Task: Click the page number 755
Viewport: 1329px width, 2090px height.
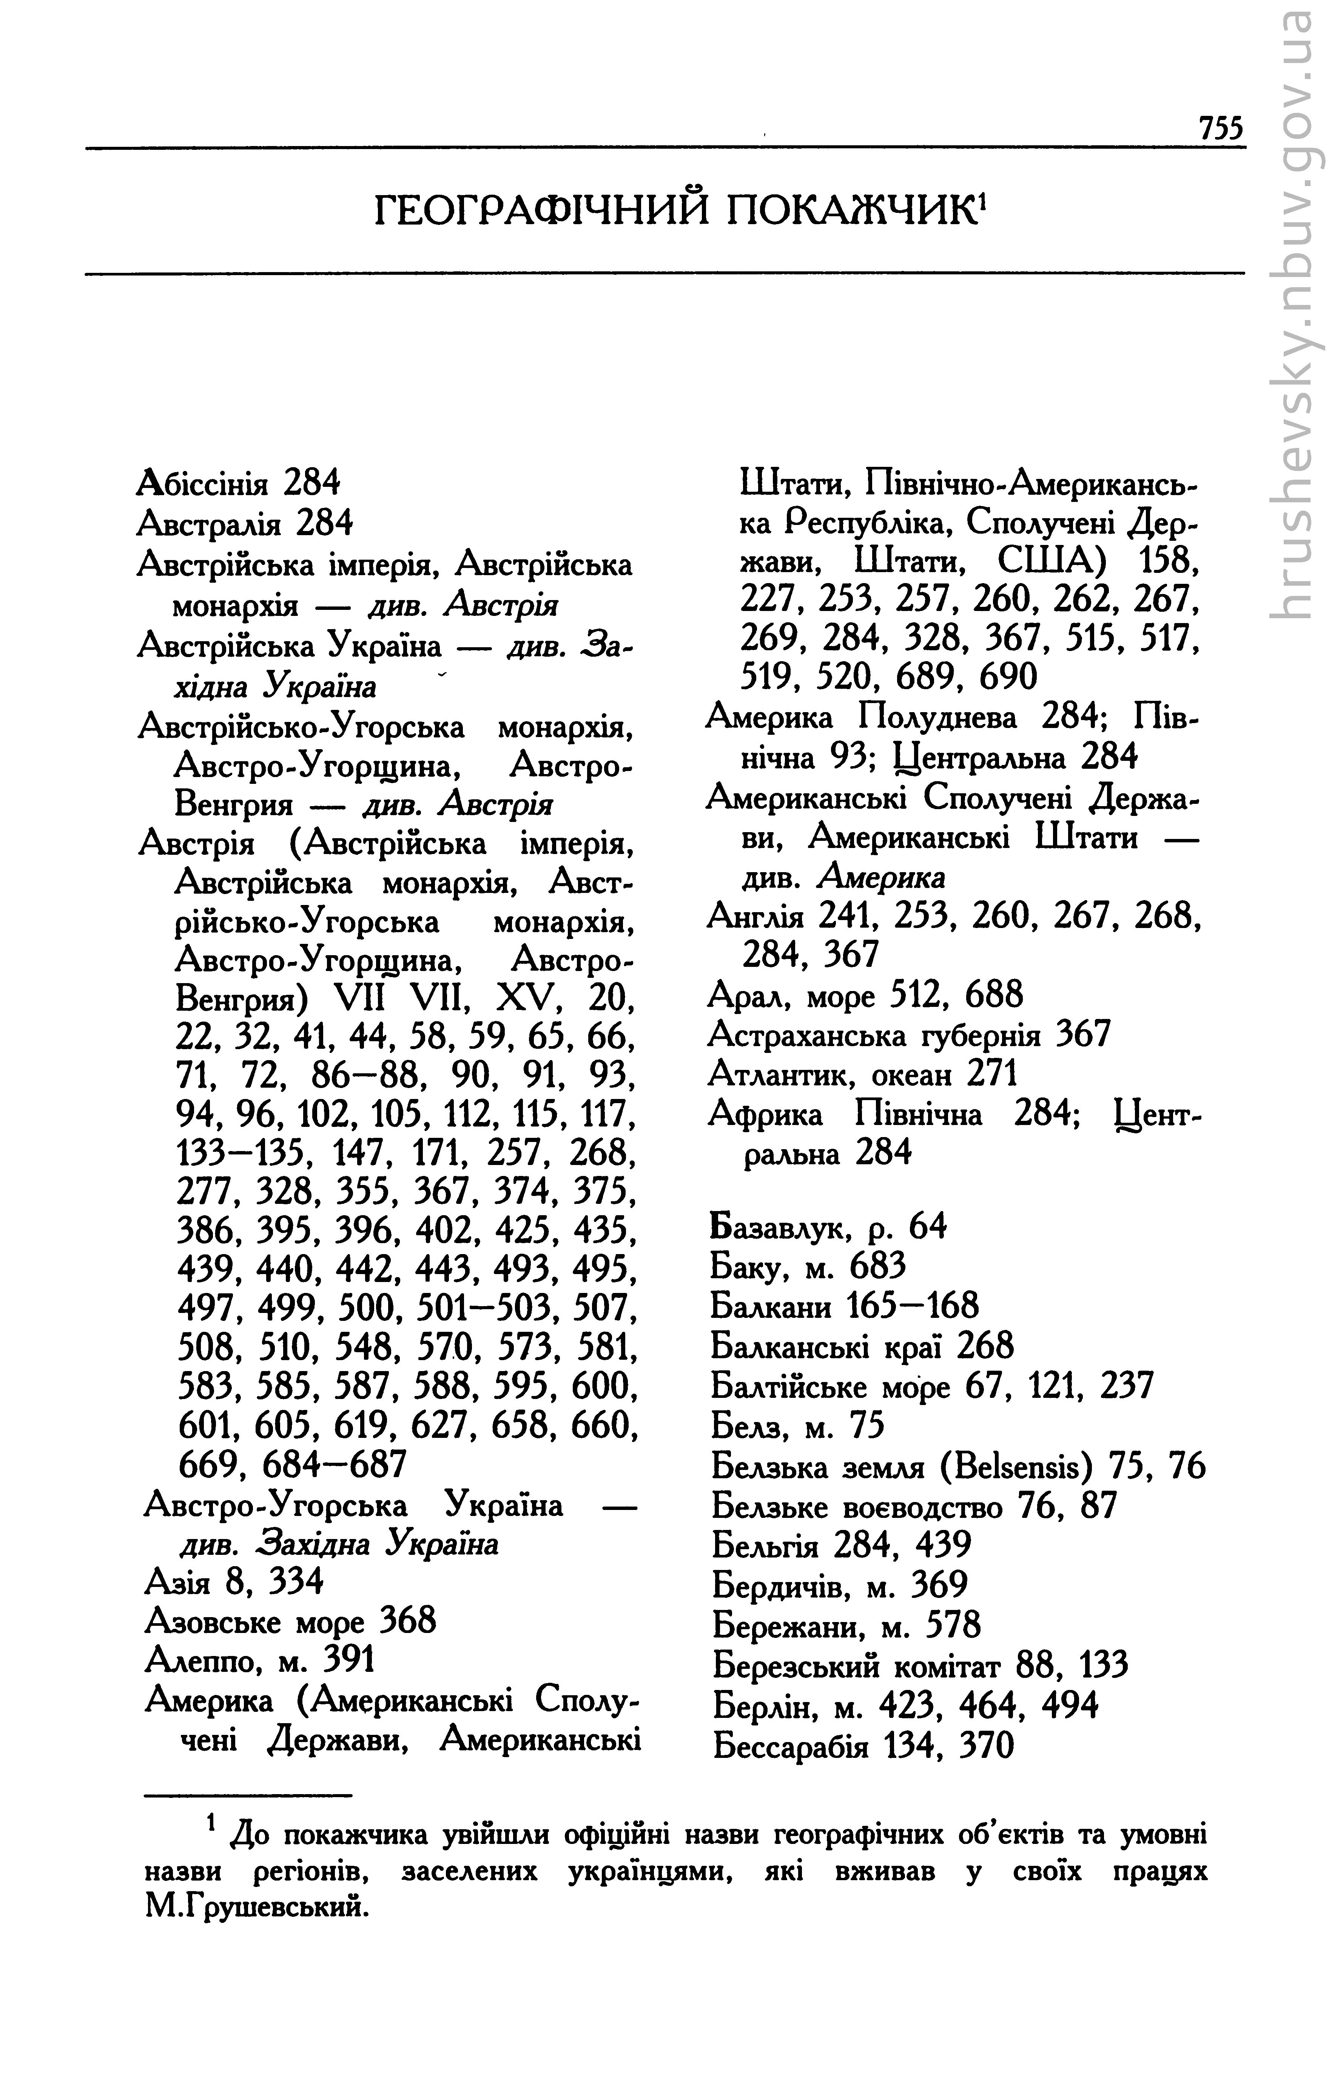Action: coord(1221,128)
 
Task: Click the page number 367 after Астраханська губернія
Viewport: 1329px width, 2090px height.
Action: coord(1083,1034)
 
